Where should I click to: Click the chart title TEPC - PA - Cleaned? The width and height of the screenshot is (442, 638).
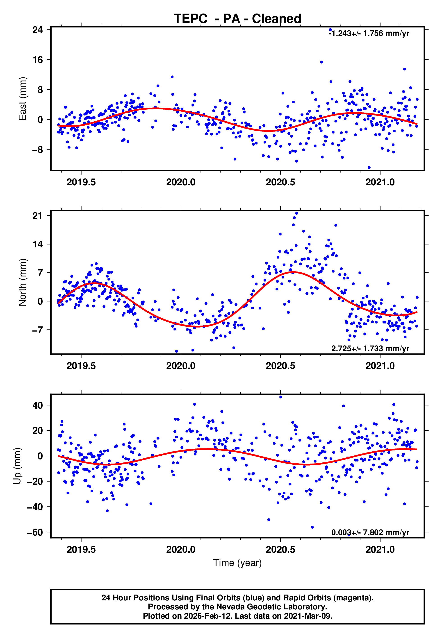pyautogui.click(x=237, y=19)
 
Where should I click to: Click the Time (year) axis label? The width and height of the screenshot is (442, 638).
pyautogui.click(x=237, y=563)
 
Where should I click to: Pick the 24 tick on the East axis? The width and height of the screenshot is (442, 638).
pyautogui.click(x=38, y=30)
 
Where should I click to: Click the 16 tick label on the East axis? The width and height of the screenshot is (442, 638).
pyautogui.click(x=38, y=60)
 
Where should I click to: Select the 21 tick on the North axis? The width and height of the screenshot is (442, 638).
pyautogui.click(x=38, y=216)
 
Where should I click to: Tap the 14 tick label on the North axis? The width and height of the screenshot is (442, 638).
pyautogui.click(x=38, y=244)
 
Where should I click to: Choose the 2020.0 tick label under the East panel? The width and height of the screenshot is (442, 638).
pyautogui.click(x=181, y=182)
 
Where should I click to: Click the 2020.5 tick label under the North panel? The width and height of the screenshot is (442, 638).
pyautogui.click(x=280, y=366)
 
